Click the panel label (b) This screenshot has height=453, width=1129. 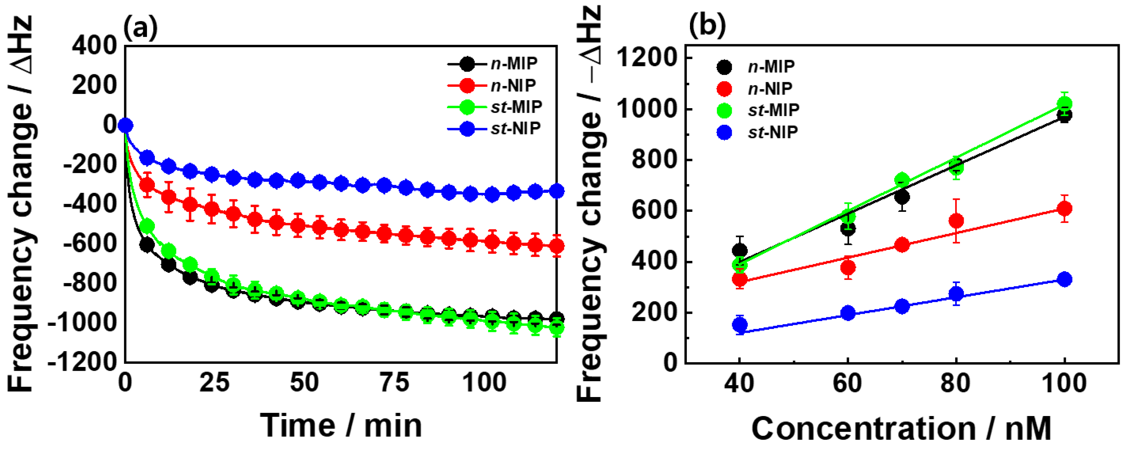point(707,26)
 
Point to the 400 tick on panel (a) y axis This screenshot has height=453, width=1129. point(95,45)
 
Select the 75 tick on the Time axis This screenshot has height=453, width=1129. point(394,383)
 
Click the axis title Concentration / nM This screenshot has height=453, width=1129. point(902,428)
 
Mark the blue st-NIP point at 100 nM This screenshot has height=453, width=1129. point(1065,279)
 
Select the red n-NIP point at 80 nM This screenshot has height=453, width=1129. point(956,220)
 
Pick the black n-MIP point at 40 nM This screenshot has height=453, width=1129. point(740,251)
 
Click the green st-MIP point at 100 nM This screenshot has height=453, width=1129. point(1065,104)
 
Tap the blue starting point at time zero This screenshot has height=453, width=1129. point(126,125)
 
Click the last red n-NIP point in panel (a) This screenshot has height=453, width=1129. point(556,246)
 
